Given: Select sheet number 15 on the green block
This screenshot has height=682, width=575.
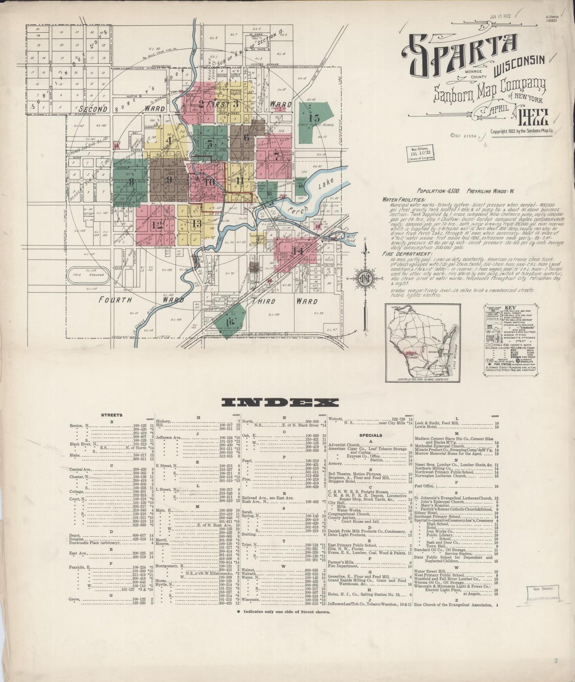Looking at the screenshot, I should coord(314,118).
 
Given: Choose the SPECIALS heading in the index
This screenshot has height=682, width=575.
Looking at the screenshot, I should coord(370,435).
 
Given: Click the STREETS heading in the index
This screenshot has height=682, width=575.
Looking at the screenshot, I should coord(112,415).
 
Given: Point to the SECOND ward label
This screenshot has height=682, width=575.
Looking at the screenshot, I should coord(93,109).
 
